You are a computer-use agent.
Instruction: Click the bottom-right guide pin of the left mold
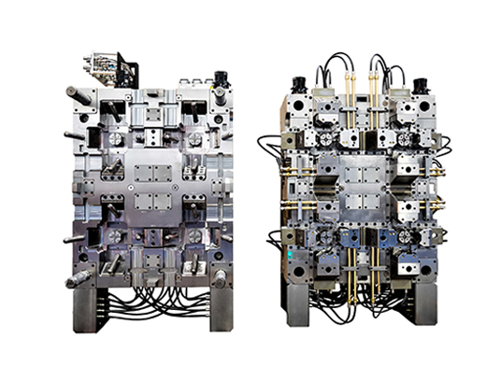tap(220, 277)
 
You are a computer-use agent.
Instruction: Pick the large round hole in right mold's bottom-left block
tap(302, 273)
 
